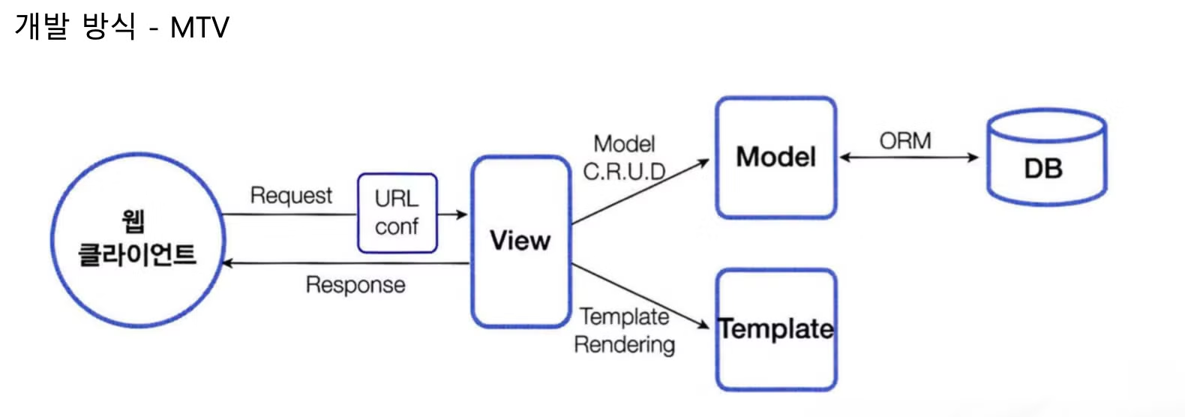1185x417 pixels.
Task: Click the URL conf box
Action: [397, 213]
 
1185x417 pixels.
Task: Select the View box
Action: [520, 241]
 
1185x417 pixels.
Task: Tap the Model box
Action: [776, 157]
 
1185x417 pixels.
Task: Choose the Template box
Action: [776, 330]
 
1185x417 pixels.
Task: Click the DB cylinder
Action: [1046, 157]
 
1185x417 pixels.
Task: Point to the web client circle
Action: [138, 240]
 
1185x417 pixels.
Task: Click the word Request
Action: [291, 196]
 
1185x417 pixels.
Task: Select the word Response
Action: [355, 285]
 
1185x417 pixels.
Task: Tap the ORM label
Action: [905, 141]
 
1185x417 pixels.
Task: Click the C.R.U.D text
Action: [624, 172]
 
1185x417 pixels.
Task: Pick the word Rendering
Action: [624, 345]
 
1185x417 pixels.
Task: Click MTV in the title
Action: [199, 28]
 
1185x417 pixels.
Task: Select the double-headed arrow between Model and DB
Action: [909, 157]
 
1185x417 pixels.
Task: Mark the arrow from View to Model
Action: [640, 191]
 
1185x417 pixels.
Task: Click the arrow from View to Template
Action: [640, 295]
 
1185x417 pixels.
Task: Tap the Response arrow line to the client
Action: [346, 263]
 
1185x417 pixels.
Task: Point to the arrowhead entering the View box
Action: [462, 214]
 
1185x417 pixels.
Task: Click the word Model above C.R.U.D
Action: [624, 144]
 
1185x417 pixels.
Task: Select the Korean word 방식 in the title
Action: [109, 26]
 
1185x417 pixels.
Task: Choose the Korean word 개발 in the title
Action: [41, 26]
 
